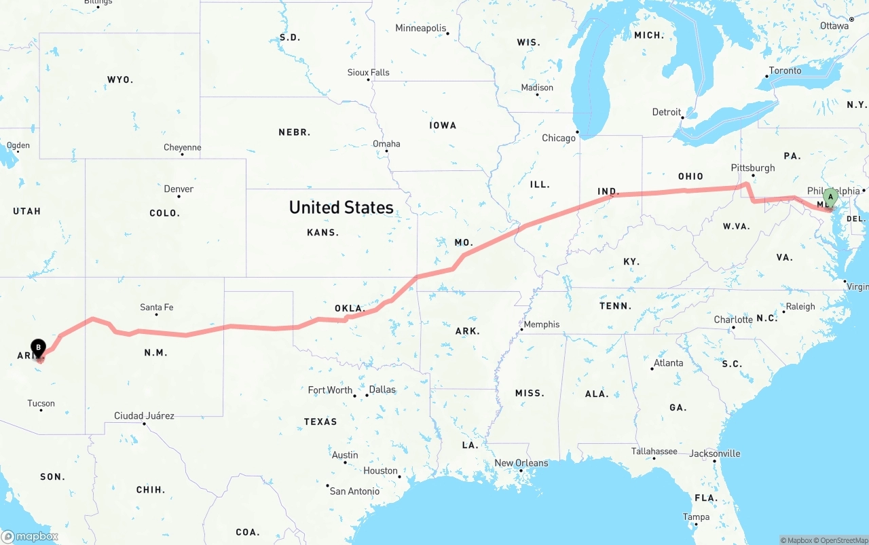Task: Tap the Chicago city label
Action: pyautogui.click(x=559, y=138)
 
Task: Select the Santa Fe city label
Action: pyautogui.click(x=156, y=307)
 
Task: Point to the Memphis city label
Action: pyautogui.click(x=542, y=324)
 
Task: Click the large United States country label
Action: pyautogui.click(x=341, y=207)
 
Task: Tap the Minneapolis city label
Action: pyautogui.click(x=421, y=29)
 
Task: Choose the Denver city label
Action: pyautogui.click(x=179, y=189)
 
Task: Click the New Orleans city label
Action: pyautogui.click(x=521, y=463)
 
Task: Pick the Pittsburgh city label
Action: pyautogui.click(x=752, y=168)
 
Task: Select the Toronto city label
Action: pyautogui.click(x=785, y=71)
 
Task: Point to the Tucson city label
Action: pyautogui.click(x=41, y=403)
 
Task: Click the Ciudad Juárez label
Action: pyautogui.click(x=144, y=415)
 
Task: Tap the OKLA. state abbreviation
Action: pyautogui.click(x=350, y=308)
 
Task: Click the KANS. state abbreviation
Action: pyautogui.click(x=322, y=232)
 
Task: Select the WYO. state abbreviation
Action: pyautogui.click(x=120, y=79)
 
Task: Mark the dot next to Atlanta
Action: pyautogui.click(x=652, y=369)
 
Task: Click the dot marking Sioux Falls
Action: pyautogui.click(x=369, y=79)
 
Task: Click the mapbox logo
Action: pyautogui.click(x=31, y=536)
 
